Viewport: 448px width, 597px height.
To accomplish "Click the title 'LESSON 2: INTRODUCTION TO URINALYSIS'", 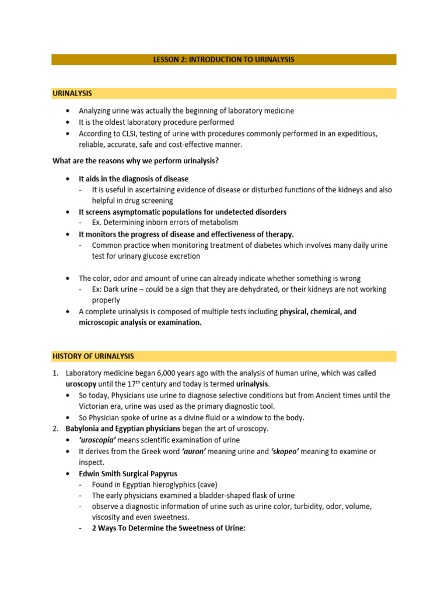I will tap(223, 59).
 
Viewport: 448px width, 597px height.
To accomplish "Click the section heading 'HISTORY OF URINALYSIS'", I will tap(93, 356).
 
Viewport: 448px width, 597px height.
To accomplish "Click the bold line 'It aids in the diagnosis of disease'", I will tap(134, 179).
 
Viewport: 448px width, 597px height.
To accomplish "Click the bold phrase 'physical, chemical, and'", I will tap(317, 311).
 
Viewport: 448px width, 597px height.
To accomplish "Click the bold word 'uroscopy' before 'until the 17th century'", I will tap(82, 384).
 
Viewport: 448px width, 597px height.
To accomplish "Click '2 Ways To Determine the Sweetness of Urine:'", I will tap(169, 528).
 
